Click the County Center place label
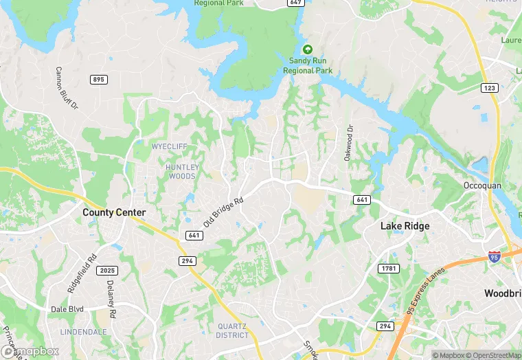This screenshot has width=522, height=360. (114, 212)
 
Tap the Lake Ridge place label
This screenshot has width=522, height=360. (405, 226)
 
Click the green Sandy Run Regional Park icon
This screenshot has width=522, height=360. (308, 49)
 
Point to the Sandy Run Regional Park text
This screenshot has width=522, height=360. (308, 66)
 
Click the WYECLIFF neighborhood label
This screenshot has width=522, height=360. (170, 147)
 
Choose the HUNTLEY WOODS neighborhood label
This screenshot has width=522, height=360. (182, 172)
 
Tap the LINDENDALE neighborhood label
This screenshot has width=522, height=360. (83, 332)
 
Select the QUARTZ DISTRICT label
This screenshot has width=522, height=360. (232, 330)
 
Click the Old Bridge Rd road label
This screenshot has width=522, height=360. (224, 212)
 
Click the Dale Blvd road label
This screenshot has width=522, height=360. (67, 309)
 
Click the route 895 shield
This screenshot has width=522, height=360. (98, 80)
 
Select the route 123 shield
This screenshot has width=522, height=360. (490, 88)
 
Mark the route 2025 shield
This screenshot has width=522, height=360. (107, 271)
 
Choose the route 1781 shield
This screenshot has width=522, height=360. (389, 268)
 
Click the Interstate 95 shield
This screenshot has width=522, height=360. (494, 256)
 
